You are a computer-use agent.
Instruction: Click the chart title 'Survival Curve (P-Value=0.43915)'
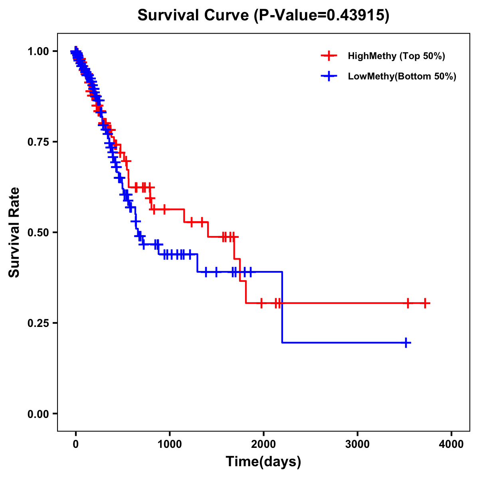pos(263,16)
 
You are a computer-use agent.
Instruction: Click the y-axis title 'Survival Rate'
pos(14,232)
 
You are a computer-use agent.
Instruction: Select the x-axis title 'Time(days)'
pos(263,461)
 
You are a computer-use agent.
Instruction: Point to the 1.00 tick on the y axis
pos(38,51)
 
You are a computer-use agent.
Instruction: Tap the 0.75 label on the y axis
pos(38,142)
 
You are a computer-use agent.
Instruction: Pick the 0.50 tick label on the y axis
pos(38,232)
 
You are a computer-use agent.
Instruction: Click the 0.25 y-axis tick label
pos(38,323)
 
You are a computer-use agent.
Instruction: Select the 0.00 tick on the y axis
pos(38,414)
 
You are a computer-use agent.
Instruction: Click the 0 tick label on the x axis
pos(76,444)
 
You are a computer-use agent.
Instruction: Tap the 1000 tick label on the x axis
pos(170,444)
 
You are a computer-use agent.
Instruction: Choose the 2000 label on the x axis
pos(263,444)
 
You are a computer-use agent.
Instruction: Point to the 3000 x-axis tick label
pos(357,444)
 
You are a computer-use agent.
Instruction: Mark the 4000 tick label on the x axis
pos(451,444)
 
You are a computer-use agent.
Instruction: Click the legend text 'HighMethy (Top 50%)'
pos(396,56)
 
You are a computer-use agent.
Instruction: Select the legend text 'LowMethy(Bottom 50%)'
pos(402,76)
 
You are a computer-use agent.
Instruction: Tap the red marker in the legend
pos(329,56)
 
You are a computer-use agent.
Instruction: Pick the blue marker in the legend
pos(329,76)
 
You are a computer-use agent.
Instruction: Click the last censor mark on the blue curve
pos(406,342)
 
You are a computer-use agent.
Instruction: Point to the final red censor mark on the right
pos(425,303)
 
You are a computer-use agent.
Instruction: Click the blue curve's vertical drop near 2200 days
pos(282,307)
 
